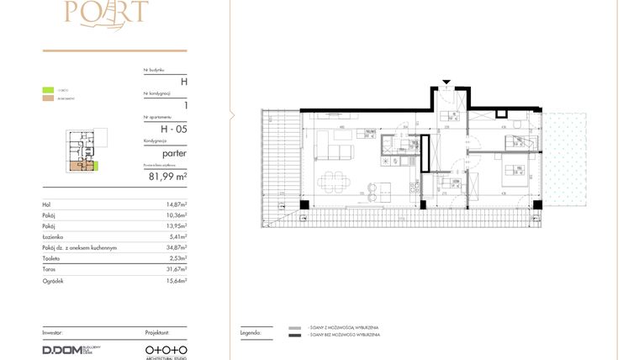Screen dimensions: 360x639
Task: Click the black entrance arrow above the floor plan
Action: [x=446, y=83]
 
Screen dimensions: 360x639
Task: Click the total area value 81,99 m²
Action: [x=167, y=177]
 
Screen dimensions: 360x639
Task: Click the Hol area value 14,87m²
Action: [x=176, y=204]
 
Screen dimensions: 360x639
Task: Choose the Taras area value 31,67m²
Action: [x=176, y=269]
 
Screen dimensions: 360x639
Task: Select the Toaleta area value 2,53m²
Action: [x=176, y=259]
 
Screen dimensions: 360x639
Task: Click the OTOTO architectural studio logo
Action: [x=166, y=349]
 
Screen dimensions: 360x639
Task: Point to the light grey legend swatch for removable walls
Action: [x=293, y=327]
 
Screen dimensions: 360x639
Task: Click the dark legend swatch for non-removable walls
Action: [x=293, y=335]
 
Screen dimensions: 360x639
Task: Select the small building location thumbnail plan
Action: [x=82, y=151]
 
